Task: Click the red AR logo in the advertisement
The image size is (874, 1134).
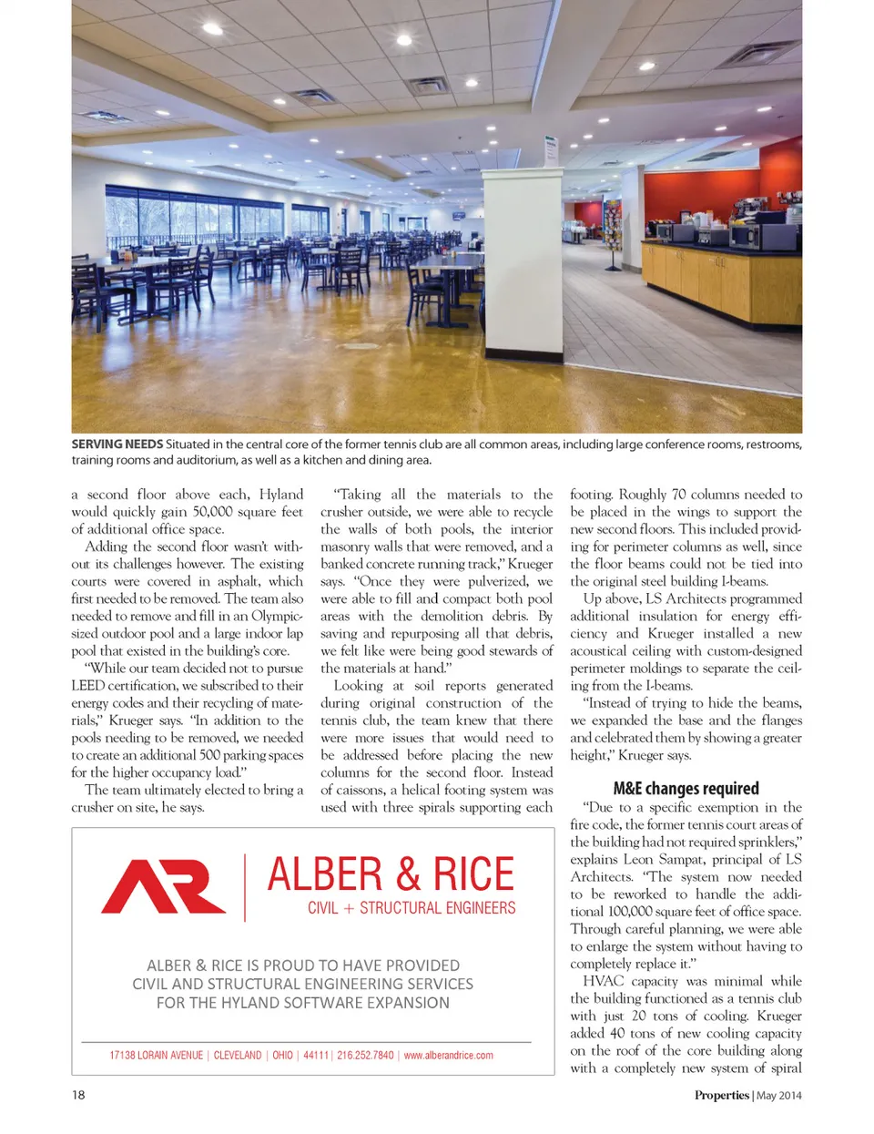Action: tap(163, 886)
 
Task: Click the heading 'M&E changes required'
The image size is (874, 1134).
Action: tap(686, 789)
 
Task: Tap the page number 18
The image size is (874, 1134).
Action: tap(78, 1095)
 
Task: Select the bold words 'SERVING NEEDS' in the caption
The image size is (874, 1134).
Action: tap(117, 444)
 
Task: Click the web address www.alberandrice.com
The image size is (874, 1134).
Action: tap(448, 1056)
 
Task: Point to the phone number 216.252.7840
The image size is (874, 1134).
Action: tap(365, 1056)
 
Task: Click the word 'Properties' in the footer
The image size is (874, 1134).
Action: tap(721, 1096)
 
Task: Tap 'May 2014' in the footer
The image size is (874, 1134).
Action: tap(779, 1096)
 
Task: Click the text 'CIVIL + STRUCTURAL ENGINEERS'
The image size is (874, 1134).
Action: tap(412, 908)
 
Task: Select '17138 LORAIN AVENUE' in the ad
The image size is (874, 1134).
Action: tap(156, 1056)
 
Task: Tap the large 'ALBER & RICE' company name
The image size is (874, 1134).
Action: tap(391, 874)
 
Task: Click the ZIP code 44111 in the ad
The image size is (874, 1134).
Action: tap(316, 1056)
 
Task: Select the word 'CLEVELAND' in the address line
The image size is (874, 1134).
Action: tap(238, 1056)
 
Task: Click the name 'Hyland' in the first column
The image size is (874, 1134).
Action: tap(281, 495)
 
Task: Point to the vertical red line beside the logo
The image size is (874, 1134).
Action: tap(245, 886)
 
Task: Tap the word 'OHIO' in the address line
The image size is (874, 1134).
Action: tap(283, 1056)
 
